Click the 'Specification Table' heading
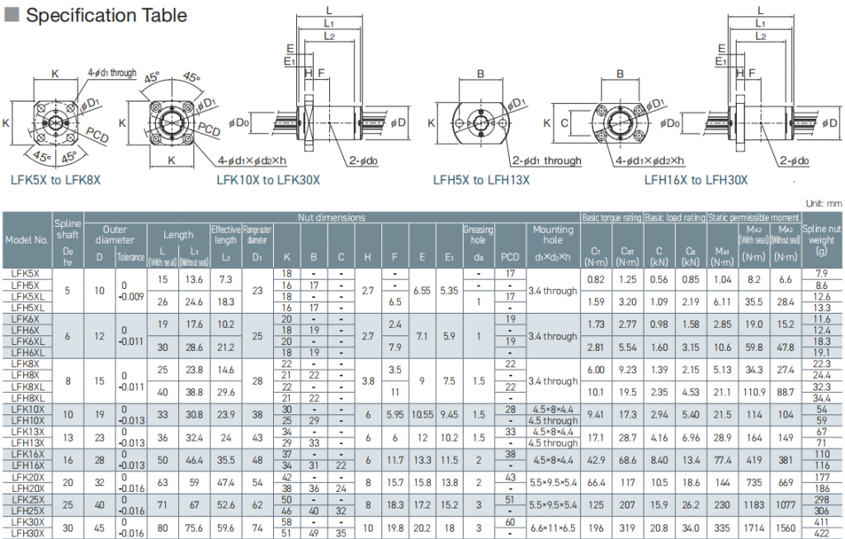tap(106, 15)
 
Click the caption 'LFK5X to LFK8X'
tap(55, 178)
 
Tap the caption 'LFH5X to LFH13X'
tap(481, 178)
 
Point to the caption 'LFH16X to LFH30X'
tap(696, 178)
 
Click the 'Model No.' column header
tap(27, 240)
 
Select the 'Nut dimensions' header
tap(331, 217)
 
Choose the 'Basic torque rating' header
tap(611, 217)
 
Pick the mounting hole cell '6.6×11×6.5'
tap(553, 527)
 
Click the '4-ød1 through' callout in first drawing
tap(111, 73)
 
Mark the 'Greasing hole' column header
tap(478, 234)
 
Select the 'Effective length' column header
tap(224, 234)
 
